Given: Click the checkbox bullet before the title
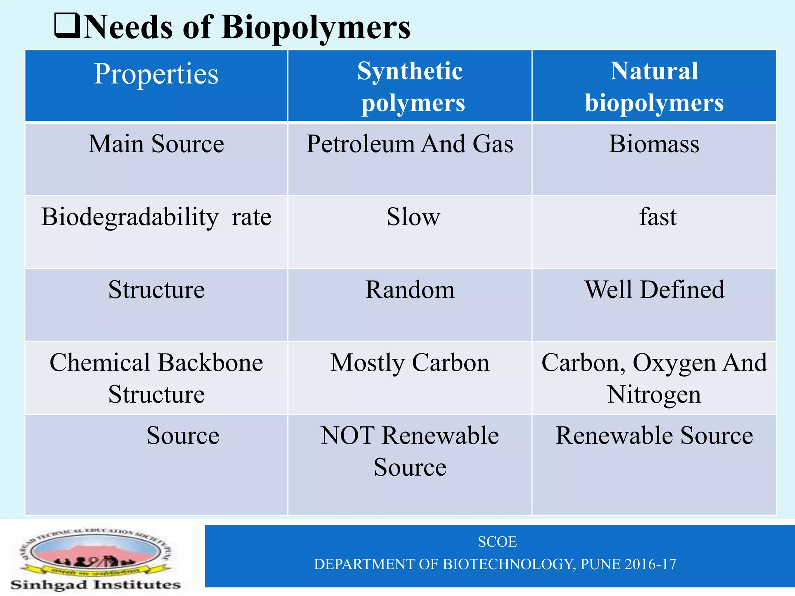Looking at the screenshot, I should coord(67,26).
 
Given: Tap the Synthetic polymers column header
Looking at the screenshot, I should coord(410,87).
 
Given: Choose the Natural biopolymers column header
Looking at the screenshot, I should coord(654,87).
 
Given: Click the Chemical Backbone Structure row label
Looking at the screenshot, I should coord(156,378).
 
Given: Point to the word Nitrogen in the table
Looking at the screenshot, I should coord(654,395).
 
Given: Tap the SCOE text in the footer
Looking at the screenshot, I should coord(497,542).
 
